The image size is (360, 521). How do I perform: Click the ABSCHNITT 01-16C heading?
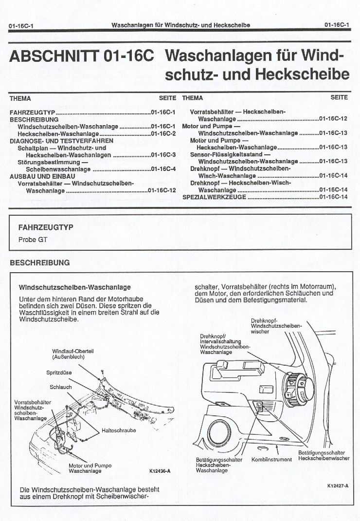82,56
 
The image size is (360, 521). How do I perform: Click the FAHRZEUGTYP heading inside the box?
46,227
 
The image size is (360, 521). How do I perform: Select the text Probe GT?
33,240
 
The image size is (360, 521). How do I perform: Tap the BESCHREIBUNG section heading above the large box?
40,263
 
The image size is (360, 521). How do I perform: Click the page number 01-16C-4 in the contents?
163,169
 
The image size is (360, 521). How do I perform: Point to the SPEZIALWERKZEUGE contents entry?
214,197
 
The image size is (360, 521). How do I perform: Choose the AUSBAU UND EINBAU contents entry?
42,176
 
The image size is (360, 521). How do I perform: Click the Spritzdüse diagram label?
59,372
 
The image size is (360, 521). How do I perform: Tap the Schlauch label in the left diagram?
61,387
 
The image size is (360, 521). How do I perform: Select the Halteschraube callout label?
119,430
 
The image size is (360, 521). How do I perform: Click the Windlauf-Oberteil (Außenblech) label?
73,354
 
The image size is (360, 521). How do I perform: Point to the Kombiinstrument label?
271,460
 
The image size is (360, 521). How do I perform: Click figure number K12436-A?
160,471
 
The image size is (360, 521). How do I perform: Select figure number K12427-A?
338,486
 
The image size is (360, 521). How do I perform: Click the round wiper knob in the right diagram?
299,389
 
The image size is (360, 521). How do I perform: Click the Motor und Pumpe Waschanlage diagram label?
90,468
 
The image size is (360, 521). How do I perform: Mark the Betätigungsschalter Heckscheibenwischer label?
324,456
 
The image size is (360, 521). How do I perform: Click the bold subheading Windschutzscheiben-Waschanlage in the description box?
75,287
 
